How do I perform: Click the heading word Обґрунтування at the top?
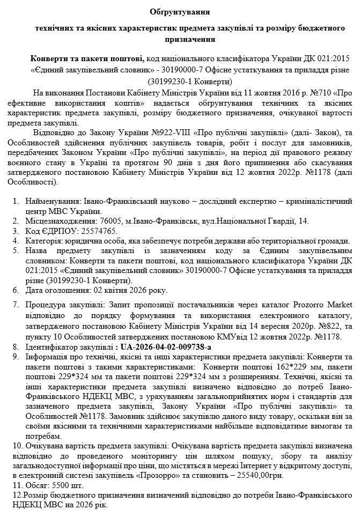click(x=180, y=11)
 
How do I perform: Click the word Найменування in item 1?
click(x=53, y=201)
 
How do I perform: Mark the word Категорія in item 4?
click(x=42, y=241)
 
